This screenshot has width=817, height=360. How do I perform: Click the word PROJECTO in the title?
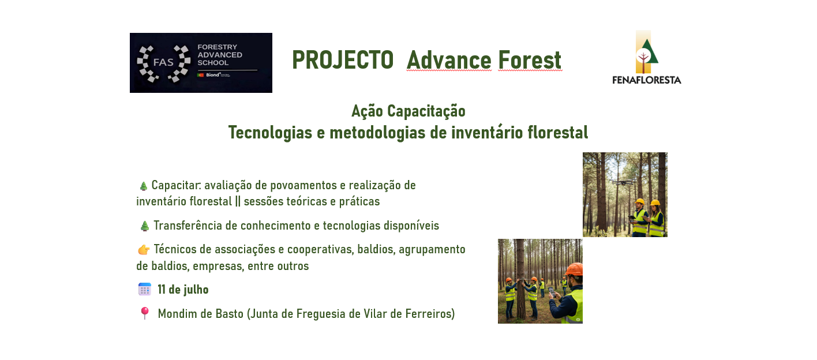[343, 60]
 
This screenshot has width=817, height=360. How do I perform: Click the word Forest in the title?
[530, 60]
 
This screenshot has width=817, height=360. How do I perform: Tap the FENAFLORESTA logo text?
[647, 80]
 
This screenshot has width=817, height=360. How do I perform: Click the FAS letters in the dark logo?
[163, 62]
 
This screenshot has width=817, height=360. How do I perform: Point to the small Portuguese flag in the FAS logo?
[200, 75]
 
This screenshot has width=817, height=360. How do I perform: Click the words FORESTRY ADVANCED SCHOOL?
[220, 55]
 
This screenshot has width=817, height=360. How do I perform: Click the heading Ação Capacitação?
[408, 111]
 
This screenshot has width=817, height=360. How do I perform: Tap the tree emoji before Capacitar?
[143, 186]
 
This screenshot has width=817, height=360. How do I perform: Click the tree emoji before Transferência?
[144, 226]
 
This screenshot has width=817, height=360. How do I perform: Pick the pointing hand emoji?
[144, 250]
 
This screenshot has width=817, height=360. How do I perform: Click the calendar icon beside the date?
[144, 289]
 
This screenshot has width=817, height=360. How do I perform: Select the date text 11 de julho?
[183, 290]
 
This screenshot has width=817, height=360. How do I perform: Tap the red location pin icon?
[144, 313]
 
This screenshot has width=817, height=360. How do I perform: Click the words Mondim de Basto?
[200, 314]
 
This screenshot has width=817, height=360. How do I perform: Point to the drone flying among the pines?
[623, 181]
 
